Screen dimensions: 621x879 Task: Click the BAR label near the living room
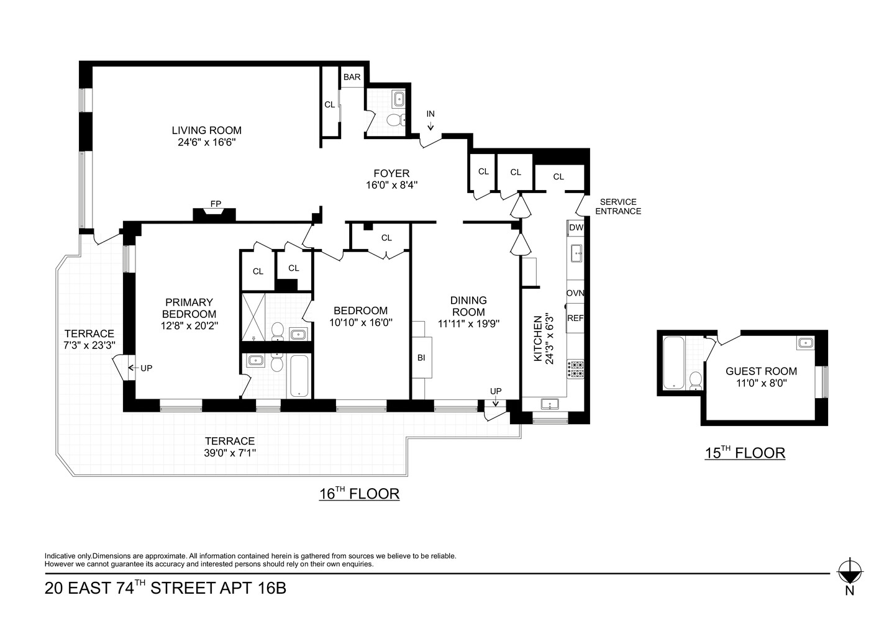click(352, 77)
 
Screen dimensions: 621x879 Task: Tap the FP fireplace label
click(215, 204)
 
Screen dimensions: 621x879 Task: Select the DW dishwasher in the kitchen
click(576, 228)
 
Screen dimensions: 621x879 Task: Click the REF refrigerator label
click(575, 318)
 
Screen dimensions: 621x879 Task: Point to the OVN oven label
click(575, 293)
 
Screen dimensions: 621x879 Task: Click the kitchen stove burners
click(576, 369)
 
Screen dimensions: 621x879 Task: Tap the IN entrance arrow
click(430, 121)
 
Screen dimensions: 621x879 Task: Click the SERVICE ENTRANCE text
click(617, 207)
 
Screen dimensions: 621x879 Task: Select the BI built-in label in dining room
click(421, 357)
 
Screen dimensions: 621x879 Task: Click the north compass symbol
click(849, 569)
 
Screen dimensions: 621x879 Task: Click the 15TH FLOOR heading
click(744, 453)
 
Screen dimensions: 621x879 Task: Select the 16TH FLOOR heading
click(358, 494)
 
